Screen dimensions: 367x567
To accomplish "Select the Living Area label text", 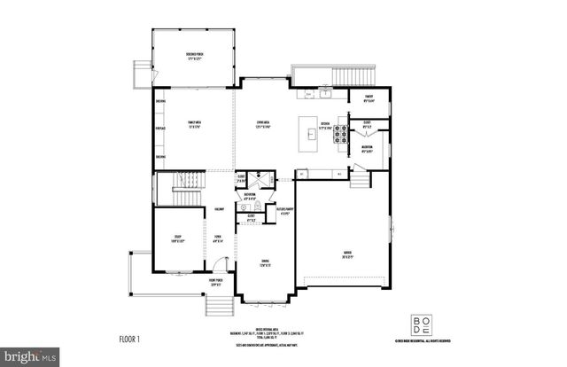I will click(263, 126).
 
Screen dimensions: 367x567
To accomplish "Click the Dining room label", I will click(264, 263).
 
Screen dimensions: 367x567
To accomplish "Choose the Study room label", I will click(177, 238).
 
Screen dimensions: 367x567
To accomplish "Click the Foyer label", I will click(217, 237).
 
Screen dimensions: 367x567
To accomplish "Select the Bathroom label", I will click(250, 196).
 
